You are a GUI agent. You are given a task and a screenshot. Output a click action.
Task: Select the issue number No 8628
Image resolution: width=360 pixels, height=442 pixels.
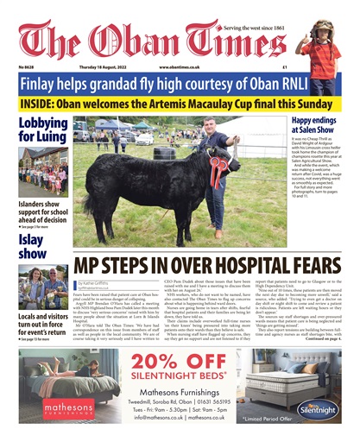coord(28,66)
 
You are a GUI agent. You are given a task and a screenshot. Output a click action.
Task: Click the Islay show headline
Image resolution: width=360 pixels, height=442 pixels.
coord(34,245)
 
